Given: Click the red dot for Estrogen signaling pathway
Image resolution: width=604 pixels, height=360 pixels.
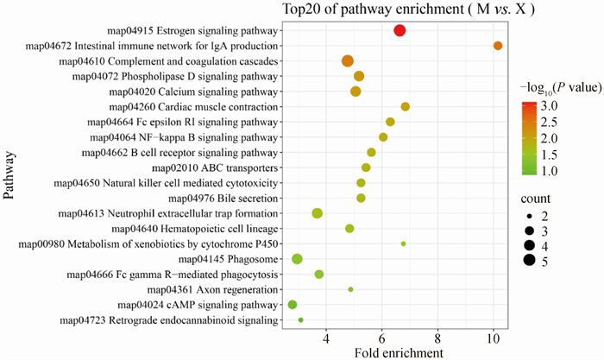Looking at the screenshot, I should point(400,31).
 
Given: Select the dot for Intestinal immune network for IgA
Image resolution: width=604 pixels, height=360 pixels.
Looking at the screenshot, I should point(497,46).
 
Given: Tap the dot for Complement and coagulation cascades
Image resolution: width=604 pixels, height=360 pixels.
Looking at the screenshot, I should point(348,60).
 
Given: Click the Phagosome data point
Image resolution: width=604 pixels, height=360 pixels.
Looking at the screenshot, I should point(298,259).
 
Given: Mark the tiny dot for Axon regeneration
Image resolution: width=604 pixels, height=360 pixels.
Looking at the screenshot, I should point(350,289).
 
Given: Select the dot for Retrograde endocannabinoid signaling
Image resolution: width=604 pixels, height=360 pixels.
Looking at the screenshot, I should point(300,319).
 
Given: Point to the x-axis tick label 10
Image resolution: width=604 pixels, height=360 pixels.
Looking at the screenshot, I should point(493,338).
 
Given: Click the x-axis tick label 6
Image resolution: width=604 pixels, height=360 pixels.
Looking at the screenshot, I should point(381,338).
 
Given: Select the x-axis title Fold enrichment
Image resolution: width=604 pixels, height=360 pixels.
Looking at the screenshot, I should point(399,352).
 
